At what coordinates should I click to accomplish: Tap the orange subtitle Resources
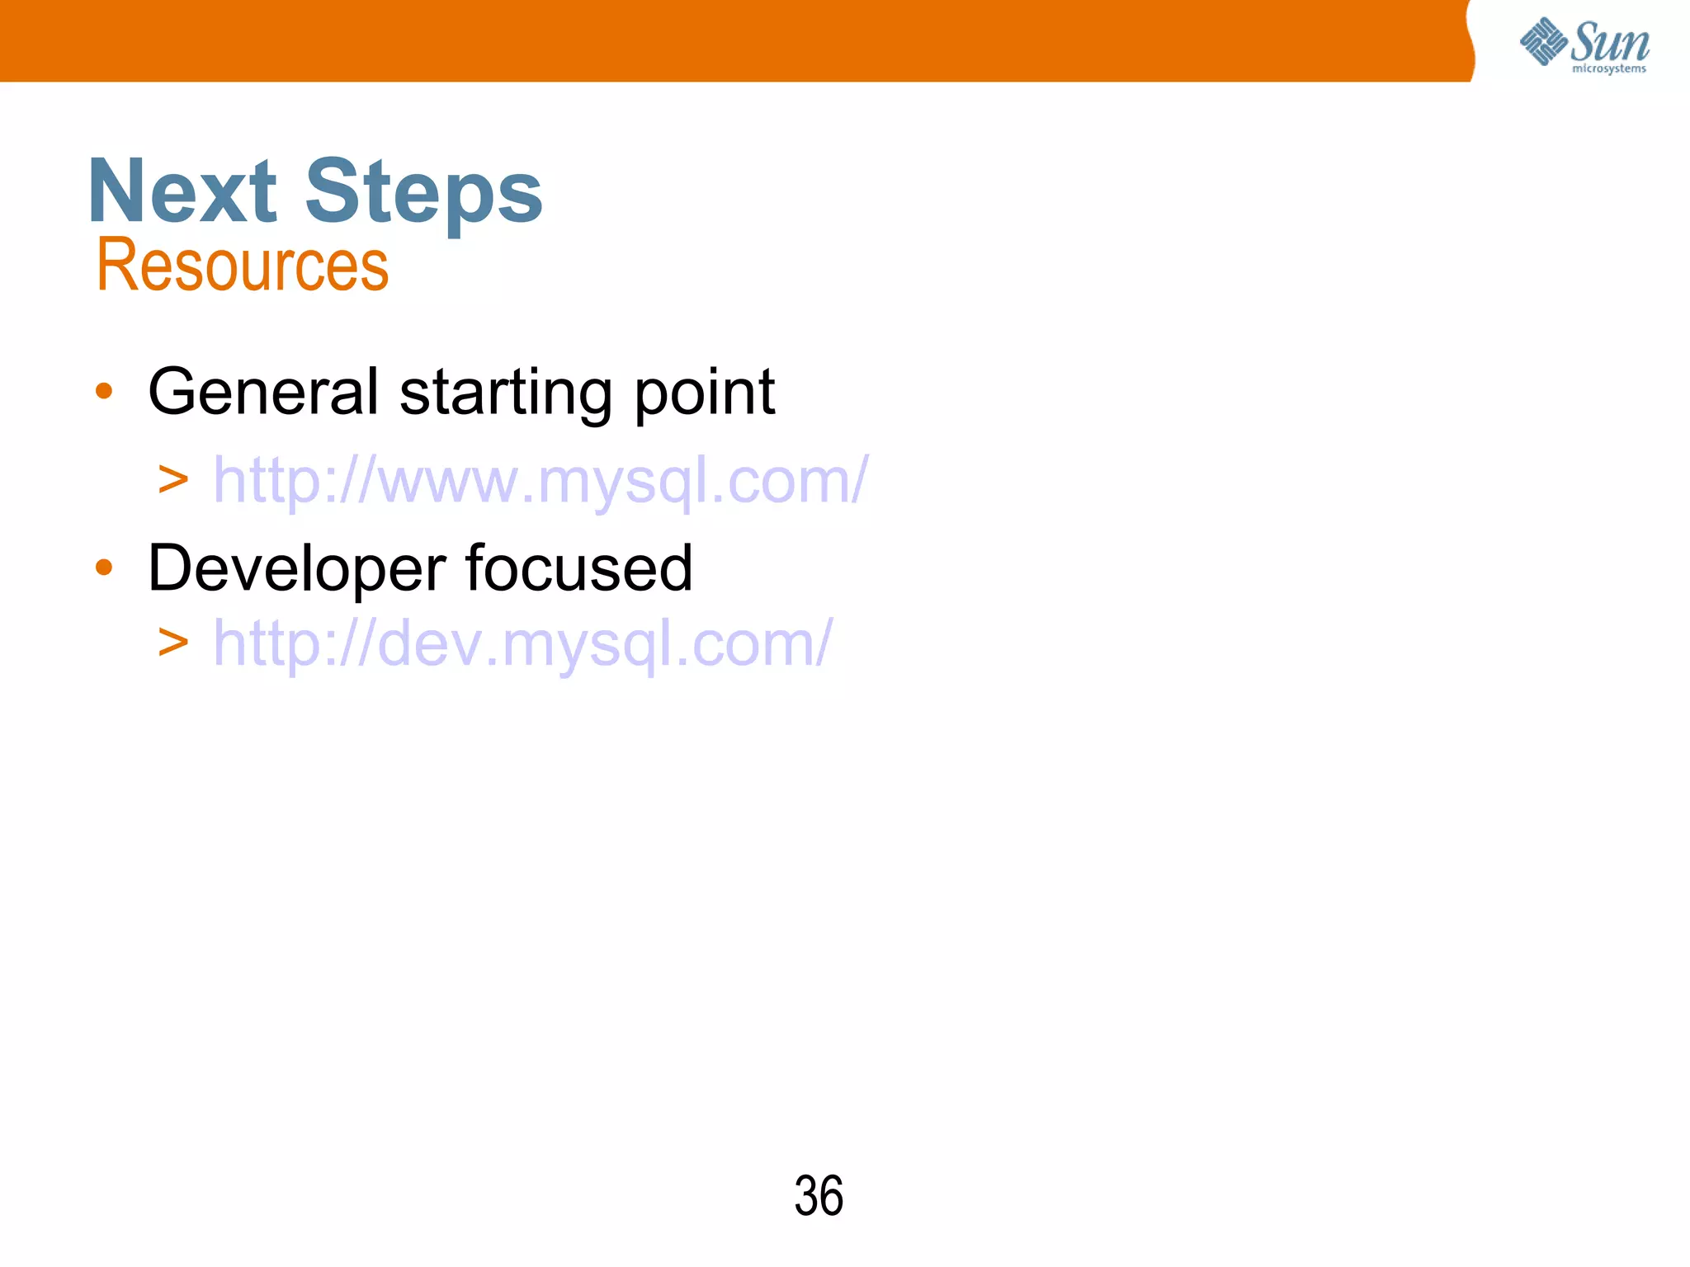point(242,266)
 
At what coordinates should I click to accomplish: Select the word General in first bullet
point(263,391)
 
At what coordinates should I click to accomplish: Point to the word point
point(704,393)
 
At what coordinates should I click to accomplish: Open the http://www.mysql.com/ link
point(541,480)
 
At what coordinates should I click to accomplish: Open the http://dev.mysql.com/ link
point(522,643)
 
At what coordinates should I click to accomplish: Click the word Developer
point(296,569)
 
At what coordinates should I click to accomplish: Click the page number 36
point(818,1196)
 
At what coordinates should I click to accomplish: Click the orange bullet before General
point(103,391)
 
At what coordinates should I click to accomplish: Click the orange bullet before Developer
point(103,568)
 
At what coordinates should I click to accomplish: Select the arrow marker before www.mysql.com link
point(173,480)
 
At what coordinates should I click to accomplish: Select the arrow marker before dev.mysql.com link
point(173,643)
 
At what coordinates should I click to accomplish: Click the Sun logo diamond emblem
point(1542,41)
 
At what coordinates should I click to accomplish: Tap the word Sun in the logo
point(1609,41)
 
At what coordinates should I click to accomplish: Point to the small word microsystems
point(1608,69)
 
